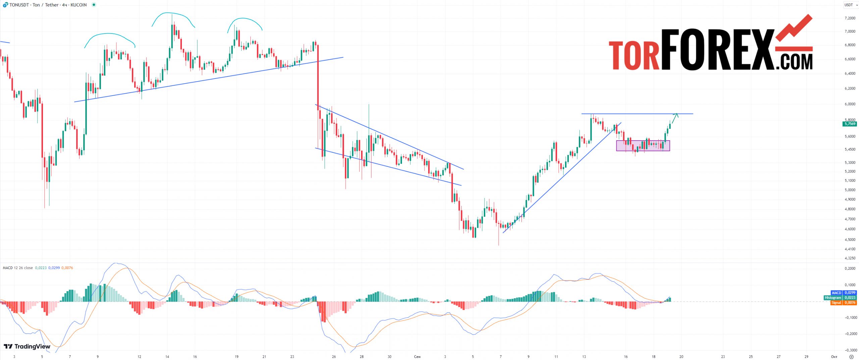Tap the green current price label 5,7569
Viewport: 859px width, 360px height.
click(850, 124)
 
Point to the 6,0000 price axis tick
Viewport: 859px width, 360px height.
click(850, 104)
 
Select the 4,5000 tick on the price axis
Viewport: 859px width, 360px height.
click(850, 240)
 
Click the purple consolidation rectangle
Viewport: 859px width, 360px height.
click(643, 146)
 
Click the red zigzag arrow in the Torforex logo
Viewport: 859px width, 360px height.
click(794, 32)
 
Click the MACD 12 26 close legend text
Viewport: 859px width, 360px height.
click(18, 268)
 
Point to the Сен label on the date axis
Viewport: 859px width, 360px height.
click(417, 357)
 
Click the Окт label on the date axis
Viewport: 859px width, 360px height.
click(834, 357)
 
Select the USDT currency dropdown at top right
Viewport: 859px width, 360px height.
click(851, 5)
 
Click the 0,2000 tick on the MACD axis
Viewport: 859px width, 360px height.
click(850, 268)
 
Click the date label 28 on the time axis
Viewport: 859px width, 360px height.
click(361, 357)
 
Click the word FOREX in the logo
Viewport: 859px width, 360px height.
click(718, 50)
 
